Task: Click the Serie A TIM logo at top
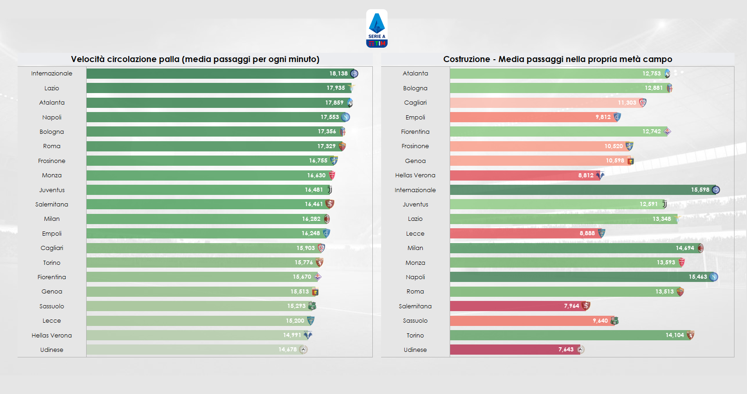click(x=377, y=29)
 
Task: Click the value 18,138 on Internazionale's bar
click(x=338, y=74)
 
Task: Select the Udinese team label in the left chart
click(x=51, y=350)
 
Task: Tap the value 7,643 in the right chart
click(x=565, y=350)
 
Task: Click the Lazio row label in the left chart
click(x=51, y=88)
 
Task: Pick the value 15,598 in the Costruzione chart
click(x=700, y=190)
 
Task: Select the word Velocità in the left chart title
click(x=88, y=59)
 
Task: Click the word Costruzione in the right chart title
click(x=466, y=59)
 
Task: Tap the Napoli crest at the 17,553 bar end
click(x=345, y=117)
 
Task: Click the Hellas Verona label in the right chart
click(x=415, y=175)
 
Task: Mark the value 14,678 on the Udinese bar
click(x=287, y=350)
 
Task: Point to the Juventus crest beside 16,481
click(x=330, y=190)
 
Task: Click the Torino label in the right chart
click(x=415, y=335)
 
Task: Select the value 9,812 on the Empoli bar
click(x=603, y=117)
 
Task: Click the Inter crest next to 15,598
click(x=716, y=190)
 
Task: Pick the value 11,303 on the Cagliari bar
click(x=627, y=103)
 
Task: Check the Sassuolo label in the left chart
click(x=51, y=306)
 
